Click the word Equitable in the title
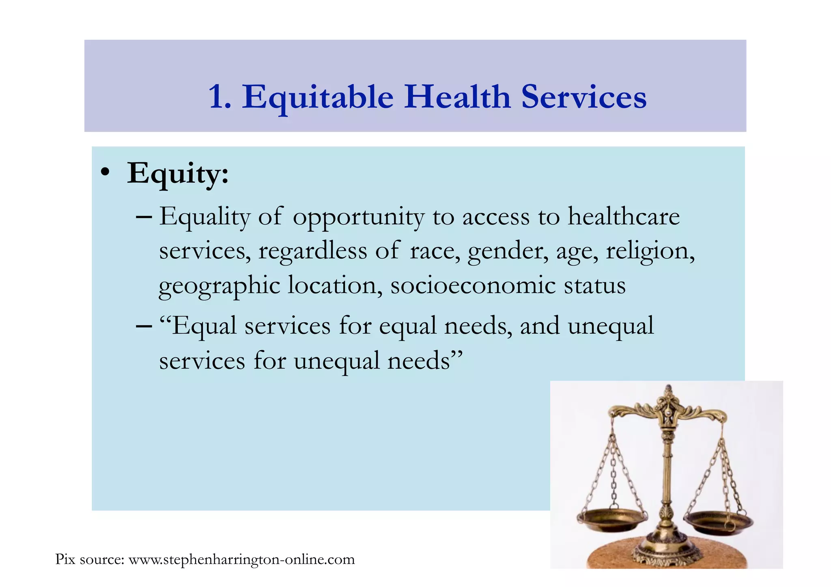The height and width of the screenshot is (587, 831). [x=318, y=97]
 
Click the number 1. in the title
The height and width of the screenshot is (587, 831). [x=220, y=97]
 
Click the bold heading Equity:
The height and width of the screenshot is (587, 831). [x=178, y=174]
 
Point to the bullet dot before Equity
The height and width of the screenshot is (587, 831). [x=105, y=172]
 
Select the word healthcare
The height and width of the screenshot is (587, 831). [x=623, y=216]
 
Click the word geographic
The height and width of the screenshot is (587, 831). [x=219, y=286]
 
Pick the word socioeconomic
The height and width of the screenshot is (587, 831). [x=473, y=285]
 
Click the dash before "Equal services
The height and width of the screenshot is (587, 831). [x=144, y=326]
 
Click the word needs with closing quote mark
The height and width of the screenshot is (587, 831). [x=425, y=361]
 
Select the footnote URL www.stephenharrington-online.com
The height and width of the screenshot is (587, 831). [x=241, y=559]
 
